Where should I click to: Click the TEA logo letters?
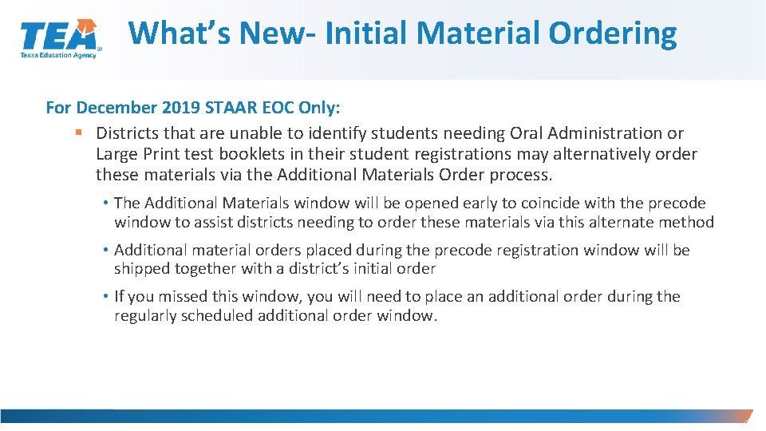click(58, 36)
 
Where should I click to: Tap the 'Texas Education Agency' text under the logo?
click(58, 56)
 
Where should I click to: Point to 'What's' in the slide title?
click(176, 33)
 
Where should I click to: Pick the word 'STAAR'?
click(225, 107)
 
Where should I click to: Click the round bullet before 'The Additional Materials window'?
click(106, 204)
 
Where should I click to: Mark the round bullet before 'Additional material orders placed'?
click(106, 250)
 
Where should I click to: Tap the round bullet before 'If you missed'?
click(106, 296)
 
